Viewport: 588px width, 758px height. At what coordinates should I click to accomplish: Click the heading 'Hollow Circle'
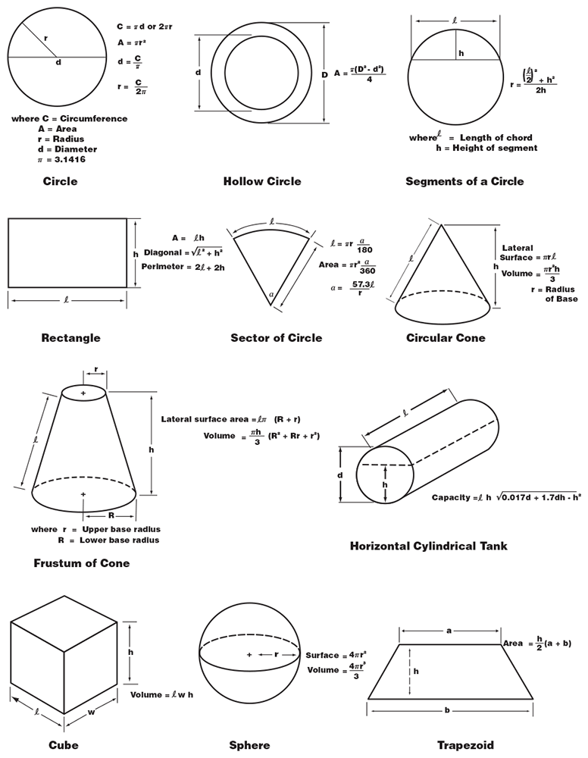tap(261, 181)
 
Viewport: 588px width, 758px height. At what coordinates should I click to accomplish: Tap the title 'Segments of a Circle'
tap(464, 181)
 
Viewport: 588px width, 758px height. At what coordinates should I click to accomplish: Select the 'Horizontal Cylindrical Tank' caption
tap(428, 546)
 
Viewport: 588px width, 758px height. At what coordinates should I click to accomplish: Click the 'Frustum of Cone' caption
tap(81, 563)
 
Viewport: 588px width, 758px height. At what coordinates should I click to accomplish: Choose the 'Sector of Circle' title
tap(276, 337)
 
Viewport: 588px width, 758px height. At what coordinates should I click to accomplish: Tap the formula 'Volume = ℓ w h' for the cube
tap(161, 694)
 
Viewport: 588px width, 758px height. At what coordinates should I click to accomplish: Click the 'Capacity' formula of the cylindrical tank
tap(505, 497)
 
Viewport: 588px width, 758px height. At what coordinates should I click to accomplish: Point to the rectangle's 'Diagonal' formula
tap(182, 252)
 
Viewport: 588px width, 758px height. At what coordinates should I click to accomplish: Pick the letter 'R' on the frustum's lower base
tap(111, 515)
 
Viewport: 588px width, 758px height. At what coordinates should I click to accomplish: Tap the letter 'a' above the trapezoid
tap(449, 630)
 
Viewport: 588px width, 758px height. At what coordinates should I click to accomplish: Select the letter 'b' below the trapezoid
tap(448, 710)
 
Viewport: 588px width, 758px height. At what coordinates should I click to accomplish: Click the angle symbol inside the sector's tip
tap(271, 295)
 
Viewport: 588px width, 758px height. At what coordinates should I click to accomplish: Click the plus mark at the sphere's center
tap(249, 654)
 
